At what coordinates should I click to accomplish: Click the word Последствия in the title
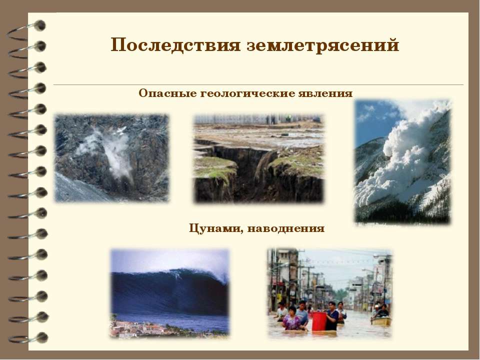(x=175, y=45)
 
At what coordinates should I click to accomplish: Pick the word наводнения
(x=286, y=228)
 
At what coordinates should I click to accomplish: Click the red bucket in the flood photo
(x=319, y=321)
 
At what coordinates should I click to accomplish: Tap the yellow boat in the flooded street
(x=381, y=321)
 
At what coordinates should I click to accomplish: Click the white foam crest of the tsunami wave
(x=199, y=273)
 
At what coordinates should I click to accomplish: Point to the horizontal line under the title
(x=258, y=84)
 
